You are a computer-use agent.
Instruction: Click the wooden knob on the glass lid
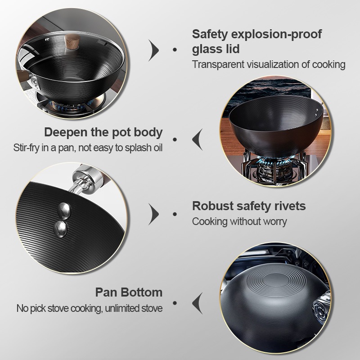click(72, 42)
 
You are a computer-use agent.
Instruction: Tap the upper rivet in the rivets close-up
click(64, 210)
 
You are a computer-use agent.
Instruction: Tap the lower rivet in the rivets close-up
click(61, 229)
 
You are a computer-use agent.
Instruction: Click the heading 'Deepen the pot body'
click(103, 132)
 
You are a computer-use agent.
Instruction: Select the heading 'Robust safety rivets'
click(249, 206)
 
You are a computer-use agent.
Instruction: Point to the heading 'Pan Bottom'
click(129, 292)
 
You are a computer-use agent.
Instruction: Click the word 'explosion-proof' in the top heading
click(276, 35)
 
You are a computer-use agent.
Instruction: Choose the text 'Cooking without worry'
click(239, 221)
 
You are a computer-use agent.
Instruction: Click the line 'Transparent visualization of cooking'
click(269, 64)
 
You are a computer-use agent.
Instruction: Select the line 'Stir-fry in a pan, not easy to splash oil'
click(88, 148)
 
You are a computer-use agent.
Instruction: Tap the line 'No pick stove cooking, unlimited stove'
click(90, 308)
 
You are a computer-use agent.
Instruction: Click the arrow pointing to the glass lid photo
click(153, 50)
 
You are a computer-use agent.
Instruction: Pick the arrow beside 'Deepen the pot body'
click(198, 139)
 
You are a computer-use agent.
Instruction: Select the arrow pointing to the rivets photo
click(153, 214)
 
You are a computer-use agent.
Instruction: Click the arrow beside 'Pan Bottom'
click(198, 303)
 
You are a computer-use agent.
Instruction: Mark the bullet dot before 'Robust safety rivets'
click(175, 214)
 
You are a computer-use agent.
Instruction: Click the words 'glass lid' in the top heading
click(216, 49)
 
